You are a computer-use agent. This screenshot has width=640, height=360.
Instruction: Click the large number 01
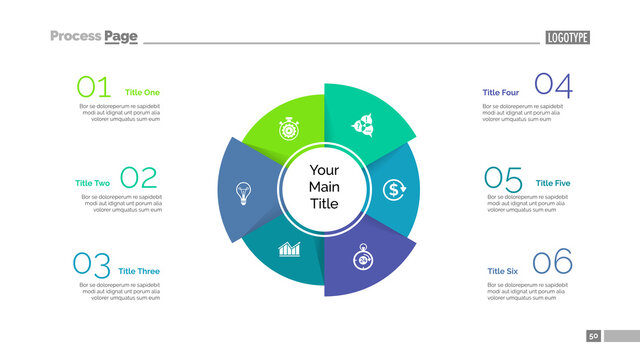94,87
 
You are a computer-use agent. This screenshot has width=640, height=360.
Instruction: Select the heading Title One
142,92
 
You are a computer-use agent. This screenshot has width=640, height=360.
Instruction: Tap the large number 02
139,178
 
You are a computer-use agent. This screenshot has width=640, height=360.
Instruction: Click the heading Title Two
92,183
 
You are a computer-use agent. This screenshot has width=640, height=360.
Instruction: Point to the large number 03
92,265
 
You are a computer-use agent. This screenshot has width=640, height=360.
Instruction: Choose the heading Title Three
139,271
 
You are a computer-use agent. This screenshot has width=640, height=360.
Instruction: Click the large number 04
553,86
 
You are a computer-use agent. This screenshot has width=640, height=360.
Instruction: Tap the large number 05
503,179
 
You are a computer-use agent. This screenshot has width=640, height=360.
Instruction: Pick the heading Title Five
553,183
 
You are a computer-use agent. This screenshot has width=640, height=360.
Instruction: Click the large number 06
553,264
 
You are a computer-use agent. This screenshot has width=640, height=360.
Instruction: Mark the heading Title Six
503,271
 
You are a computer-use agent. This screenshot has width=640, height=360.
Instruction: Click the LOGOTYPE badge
568,38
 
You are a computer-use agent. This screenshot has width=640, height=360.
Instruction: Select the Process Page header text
94,36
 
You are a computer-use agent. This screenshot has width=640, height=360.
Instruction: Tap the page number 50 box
593,336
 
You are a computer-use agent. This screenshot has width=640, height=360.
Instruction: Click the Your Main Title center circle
324,187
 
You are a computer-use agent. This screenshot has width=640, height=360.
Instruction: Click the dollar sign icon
395,188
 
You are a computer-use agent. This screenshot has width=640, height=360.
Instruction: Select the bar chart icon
290,248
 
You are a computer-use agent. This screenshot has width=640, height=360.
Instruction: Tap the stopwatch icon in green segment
289,129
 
